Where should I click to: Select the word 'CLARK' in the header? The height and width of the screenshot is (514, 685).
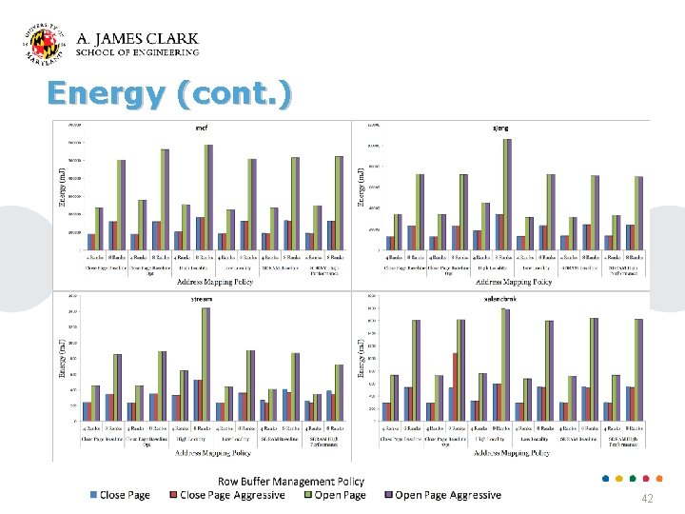(x=166, y=39)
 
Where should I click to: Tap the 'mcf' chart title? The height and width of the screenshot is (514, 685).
(x=201, y=128)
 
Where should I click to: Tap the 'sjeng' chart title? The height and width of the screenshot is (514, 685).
(x=500, y=128)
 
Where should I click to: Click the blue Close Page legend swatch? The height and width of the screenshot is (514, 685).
(x=93, y=495)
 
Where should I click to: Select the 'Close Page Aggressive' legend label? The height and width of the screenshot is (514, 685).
(x=233, y=495)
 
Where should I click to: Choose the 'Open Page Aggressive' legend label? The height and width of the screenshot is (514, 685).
(x=447, y=495)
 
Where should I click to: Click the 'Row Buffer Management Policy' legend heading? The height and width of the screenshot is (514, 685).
(x=291, y=482)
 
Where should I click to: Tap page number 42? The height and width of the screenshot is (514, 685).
(x=647, y=499)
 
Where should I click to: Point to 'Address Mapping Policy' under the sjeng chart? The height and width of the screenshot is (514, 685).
(x=514, y=282)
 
